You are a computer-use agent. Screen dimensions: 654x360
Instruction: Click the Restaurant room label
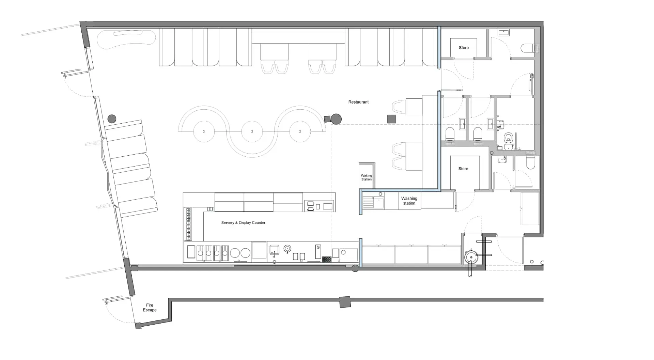click(358, 102)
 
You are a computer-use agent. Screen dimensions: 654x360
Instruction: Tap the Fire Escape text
click(150, 308)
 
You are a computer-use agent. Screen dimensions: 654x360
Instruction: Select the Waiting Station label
click(367, 177)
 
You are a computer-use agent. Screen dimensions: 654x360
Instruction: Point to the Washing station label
click(409, 201)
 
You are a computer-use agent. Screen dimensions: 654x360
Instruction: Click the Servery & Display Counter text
click(243, 223)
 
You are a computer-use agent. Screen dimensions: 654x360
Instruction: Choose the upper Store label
click(464, 48)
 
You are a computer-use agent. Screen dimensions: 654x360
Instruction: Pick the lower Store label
click(463, 169)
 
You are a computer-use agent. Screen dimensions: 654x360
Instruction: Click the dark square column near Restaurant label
click(392, 119)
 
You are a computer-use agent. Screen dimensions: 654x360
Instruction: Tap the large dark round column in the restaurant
click(336, 119)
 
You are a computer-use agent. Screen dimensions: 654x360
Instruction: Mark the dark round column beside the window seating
click(112, 119)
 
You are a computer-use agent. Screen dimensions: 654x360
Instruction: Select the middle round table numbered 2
click(252, 131)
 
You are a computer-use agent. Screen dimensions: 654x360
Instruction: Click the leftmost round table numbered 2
click(204, 131)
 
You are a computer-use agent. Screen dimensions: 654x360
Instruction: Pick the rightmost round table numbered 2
click(300, 131)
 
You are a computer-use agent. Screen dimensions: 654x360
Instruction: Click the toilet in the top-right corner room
click(528, 48)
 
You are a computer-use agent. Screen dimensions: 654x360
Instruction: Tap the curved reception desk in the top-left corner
click(126, 39)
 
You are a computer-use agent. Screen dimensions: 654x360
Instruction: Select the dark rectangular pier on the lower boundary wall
click(345, 302)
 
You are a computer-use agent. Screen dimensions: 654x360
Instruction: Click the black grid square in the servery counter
click(326, 260)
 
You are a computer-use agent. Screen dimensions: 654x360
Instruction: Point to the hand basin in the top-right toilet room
click(503, 33)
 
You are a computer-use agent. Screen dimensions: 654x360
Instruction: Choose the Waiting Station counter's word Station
click(367, 179)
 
